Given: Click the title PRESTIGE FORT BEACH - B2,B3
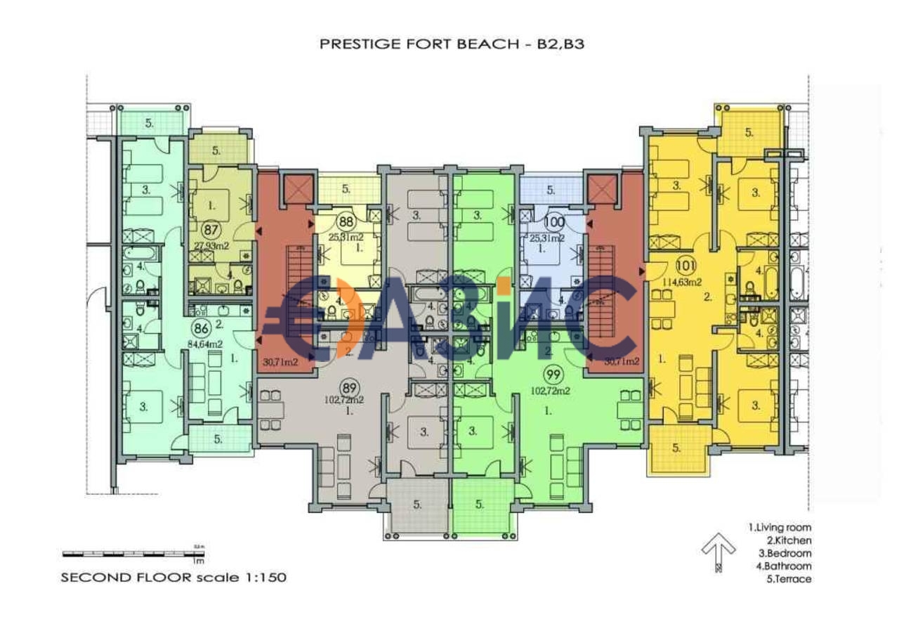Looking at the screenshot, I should [452, 44].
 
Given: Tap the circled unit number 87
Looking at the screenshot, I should [210, 228].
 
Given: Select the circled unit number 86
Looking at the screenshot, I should [202, 327].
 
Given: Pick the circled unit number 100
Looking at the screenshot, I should [554, 223].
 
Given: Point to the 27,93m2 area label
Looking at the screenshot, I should [211, 246].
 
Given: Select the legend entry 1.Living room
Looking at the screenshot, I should [780, 527].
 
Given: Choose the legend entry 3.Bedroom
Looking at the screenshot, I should [780, 553].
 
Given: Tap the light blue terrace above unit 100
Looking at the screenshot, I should [551, 190].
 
